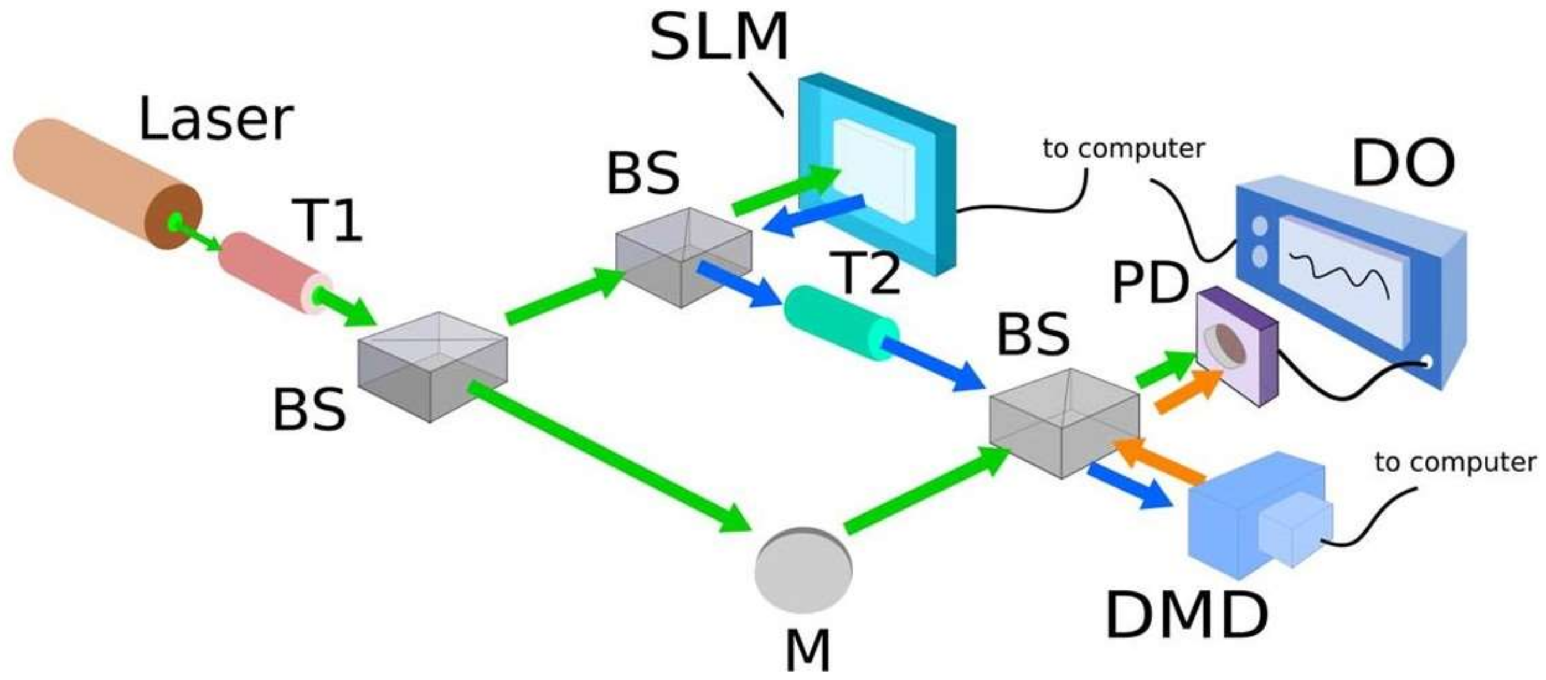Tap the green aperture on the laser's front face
175,221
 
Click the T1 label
327,221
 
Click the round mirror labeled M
803,570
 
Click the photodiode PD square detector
1230,348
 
